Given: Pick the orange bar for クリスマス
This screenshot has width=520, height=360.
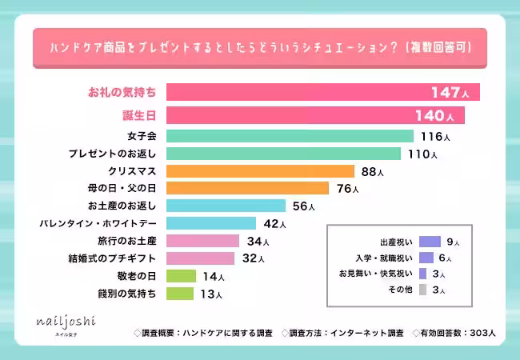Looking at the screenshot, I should (260, 171).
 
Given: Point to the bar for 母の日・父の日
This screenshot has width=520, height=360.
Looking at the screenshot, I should (247, 189).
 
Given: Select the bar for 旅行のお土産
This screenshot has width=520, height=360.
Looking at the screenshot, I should (202, 241).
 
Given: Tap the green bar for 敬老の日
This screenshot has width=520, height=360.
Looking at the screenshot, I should (181, 276).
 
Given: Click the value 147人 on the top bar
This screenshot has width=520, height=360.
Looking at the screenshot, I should (454, 93).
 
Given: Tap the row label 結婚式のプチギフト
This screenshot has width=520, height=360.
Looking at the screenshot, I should (113, 258).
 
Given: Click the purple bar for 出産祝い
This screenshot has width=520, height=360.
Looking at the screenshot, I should (430, 242).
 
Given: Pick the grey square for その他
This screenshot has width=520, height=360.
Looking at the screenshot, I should (422, 289).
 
